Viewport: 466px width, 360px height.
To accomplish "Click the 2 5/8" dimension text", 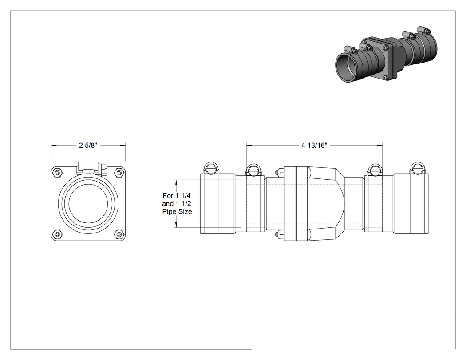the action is (88, 145).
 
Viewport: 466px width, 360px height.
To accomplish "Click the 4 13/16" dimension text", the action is (314, 145).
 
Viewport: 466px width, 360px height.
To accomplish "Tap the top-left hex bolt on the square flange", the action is (57, 172).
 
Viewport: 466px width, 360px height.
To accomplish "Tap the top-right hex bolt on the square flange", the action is (119, 172).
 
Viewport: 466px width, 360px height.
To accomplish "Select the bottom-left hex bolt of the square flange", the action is (57, 234).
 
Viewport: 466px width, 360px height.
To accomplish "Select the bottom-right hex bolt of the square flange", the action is (119, 234).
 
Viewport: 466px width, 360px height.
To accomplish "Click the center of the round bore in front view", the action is (88, 203).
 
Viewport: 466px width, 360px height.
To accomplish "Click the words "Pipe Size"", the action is (177, 212).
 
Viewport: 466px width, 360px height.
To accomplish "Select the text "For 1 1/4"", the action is (177, 196).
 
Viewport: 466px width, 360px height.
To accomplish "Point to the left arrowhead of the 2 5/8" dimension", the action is (54, 145).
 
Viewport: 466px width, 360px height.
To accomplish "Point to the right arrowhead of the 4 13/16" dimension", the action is (380, 145).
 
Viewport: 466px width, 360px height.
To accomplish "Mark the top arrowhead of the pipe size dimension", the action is (177, 182).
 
